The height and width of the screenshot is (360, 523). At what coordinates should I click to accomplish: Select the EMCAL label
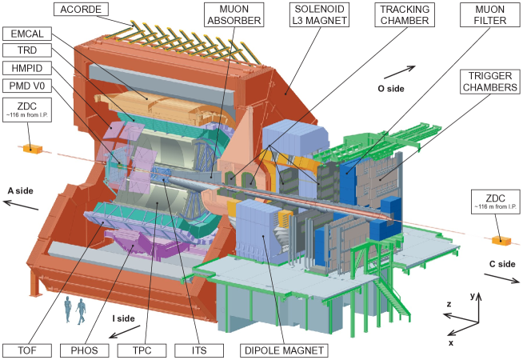pyautogui.click(x=28, y=34)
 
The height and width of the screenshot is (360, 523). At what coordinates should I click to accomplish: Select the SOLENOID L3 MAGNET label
pyautogui.click(x=318, y=14)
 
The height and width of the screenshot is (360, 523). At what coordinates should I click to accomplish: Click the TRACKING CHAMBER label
pyautogui.click(x=405, y=14)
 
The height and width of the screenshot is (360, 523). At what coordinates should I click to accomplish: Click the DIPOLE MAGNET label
pyautogui.click(x=284, y=350)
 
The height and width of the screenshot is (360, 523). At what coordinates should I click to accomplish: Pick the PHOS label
pyautogui.click(x=85, y=350)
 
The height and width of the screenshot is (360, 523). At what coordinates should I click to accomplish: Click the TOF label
pyautogui.click(x=27, y=350)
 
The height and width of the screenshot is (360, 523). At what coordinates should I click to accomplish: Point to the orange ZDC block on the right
pyautogui.click(x=501, y=240)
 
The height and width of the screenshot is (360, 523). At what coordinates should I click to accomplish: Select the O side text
pyautogui.click(x=391, y=89)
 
